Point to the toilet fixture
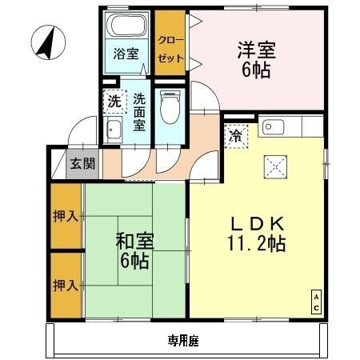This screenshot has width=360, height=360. click(x=169, y=108)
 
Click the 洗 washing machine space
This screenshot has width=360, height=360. click(x=114, y=102)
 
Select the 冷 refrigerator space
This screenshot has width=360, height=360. click(x=235, y=137)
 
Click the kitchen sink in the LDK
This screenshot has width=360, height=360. click(x=274, y=126)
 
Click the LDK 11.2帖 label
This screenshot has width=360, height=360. click(x=256, y=232)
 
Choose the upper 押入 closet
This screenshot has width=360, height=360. click(x=66, y=217)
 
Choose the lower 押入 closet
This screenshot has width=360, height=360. click(x=66, y=285)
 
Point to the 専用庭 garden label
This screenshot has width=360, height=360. click(x=182, y=340)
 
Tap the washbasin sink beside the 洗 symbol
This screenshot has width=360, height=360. click(x=114, y=131)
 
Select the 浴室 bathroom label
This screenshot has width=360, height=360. click(x=126, y=54)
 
